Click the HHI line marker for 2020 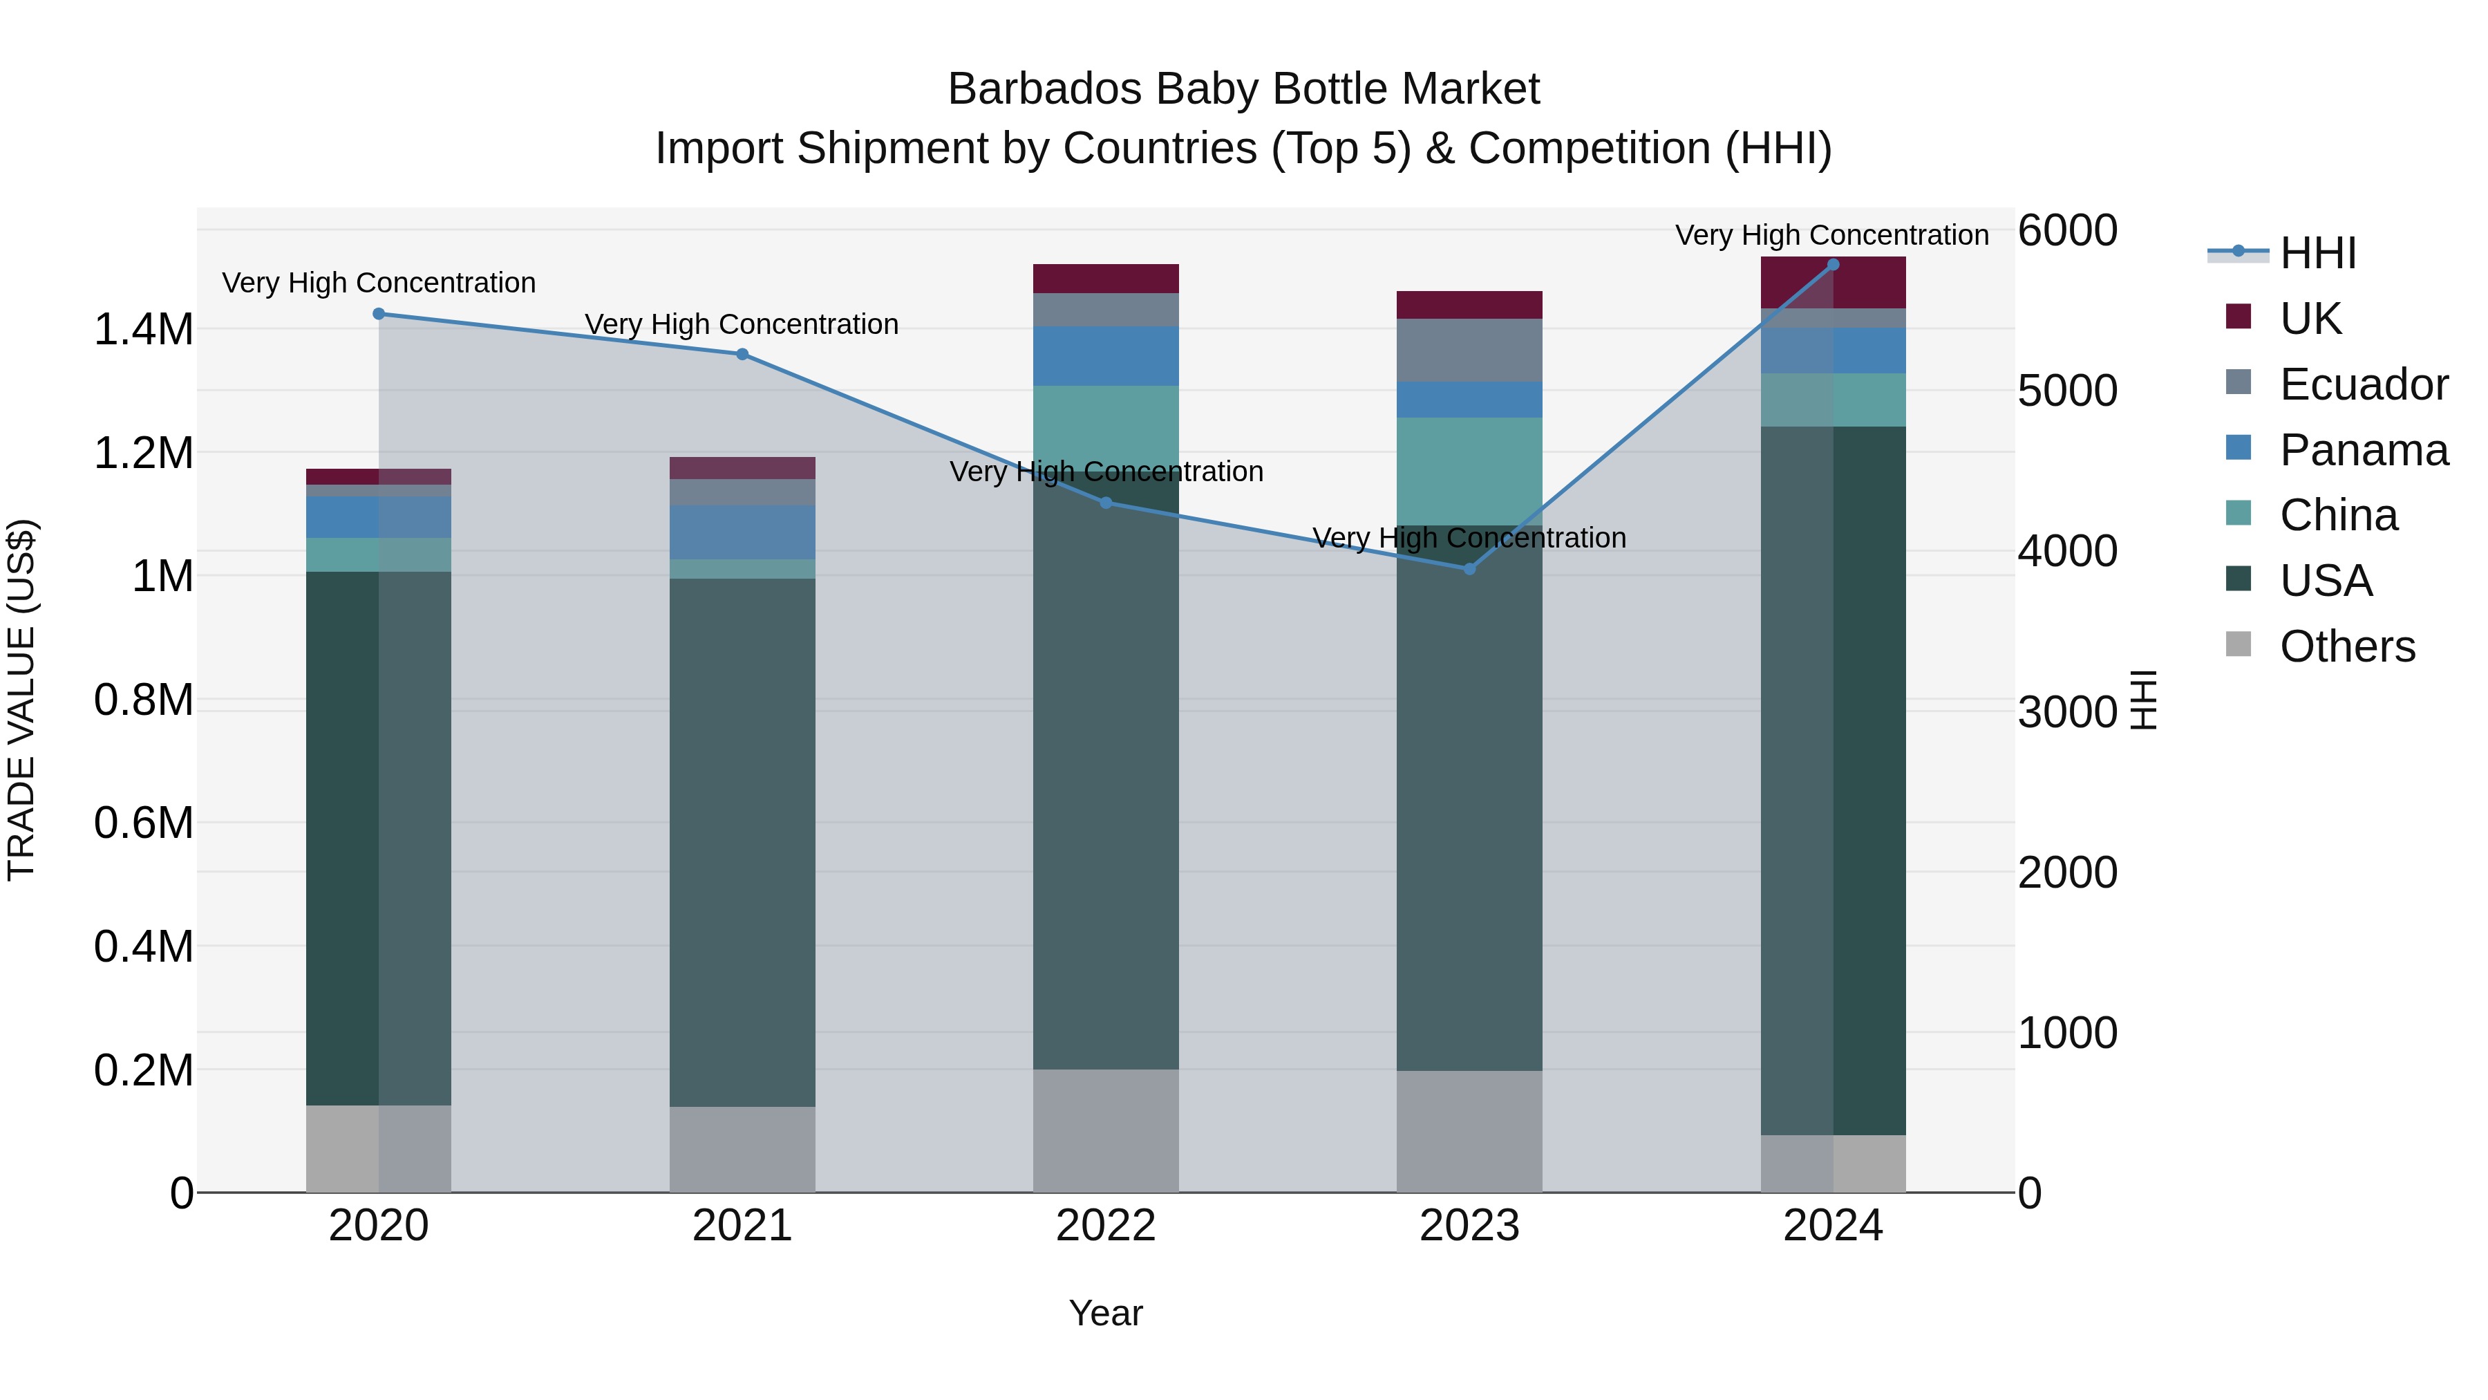[x=379, y=314]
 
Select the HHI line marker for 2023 [x=1469, y=569]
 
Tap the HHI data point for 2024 [x=1833, y=265]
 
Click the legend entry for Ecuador [x=2362, y=384]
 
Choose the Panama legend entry [x=2362, y=450]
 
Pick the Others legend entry [x=2346, y=646]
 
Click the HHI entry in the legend [x=2317, y=253]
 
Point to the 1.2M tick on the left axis [x=143, y=453]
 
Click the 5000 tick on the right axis [x=2067, y=391]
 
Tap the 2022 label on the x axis [x=1106, y=1226]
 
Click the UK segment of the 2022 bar [x=1106, y=278]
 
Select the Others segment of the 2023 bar [x=1469, y=1130]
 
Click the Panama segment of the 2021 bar [x=742, y=532]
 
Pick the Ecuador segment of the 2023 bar [x=1469, y=350]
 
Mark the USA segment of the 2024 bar [x=1833, y=781]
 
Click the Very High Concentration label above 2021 [x=742, y=325]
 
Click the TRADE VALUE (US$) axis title [x=21, y=700]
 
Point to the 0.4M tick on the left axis [x=143, y=947]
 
